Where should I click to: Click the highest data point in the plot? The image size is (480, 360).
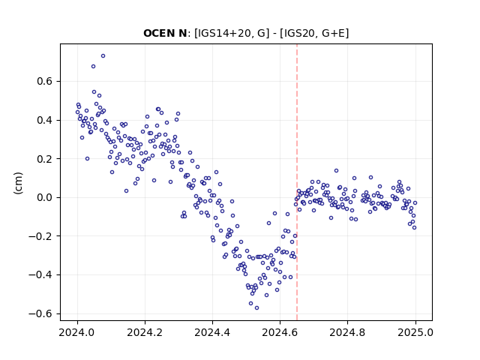pos(103,55)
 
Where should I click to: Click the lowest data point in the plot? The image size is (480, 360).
pos(256,307)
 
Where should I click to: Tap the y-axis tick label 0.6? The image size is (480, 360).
pos(45,82)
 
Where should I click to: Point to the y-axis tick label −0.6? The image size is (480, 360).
pos(40,313)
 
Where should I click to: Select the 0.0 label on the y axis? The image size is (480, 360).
pos(45,197)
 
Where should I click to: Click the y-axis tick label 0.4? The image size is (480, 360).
pos(45,120)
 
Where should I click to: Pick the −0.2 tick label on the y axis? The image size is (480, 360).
pos(40,236)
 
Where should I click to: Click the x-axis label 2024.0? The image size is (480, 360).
pos(77,332)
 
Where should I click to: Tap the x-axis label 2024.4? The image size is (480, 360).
pos(212,332)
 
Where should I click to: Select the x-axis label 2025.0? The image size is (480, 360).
pos(415,332)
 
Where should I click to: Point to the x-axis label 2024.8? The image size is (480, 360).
pos(347,332)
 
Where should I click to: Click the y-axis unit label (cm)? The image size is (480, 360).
pos(18,183)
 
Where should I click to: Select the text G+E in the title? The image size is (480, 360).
pos(335,33)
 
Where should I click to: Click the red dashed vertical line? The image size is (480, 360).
pos(297,182)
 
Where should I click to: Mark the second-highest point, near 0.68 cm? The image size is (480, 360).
pos(93,67)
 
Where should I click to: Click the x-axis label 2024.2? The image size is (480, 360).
pos(145,332)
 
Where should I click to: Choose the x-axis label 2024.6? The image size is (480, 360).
pos(280,332)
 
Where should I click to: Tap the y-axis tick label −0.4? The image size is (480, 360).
pos(40,275)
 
